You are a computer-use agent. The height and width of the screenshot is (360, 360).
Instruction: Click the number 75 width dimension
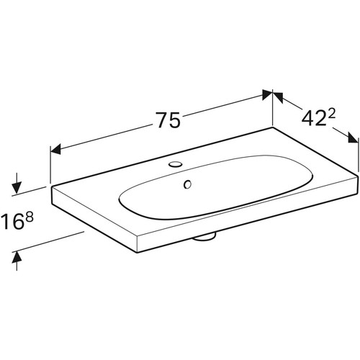point(168,120)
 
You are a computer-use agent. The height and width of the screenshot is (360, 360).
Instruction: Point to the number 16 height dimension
point(12,221)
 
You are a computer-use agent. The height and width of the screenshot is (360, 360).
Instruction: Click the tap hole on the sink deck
point(175,164)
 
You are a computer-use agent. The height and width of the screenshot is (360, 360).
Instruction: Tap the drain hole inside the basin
point(187,184)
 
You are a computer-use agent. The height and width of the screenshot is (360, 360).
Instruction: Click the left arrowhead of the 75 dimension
point(55,150)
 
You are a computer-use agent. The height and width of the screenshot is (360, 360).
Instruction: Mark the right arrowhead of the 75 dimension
point(267,95)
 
